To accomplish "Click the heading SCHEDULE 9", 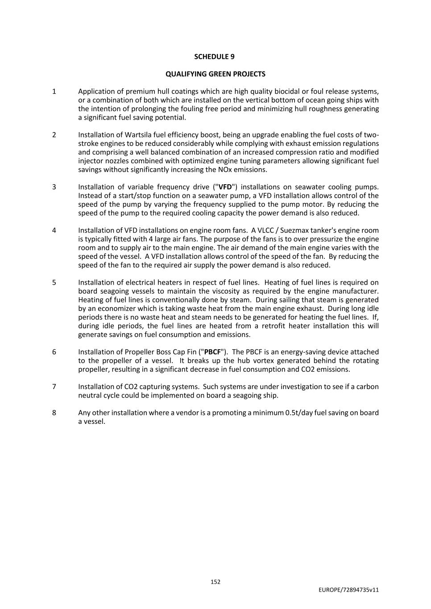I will (214, 57).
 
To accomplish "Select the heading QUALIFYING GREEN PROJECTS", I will (215, 74).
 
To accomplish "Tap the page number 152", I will (215, 582).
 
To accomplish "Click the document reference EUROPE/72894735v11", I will (348, 590).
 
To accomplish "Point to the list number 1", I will (54, 91).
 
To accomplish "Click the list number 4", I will (54, 231).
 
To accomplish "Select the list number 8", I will (54, 413).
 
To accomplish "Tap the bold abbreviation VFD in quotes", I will (225, 187).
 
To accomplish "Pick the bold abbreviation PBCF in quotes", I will (212, 352).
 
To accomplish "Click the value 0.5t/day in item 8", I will (298, 413).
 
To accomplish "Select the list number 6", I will (54, 352).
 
